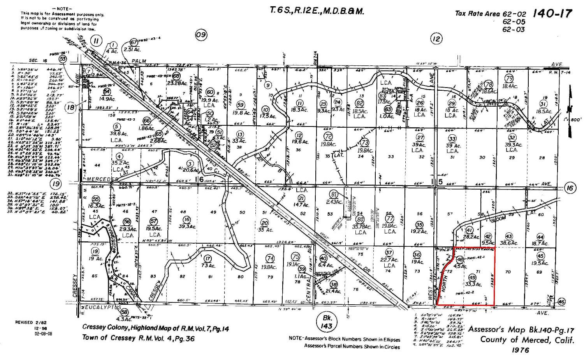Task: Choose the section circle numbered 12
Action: pyautogui.click(x=436, y=38)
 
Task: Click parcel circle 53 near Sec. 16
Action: pyautogui.click(x=63, y=58)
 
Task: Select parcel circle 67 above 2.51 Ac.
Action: pyautogui.click(x=134, y=42)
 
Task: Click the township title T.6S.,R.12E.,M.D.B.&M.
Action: pyautogui.click(x=317, y=11)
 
